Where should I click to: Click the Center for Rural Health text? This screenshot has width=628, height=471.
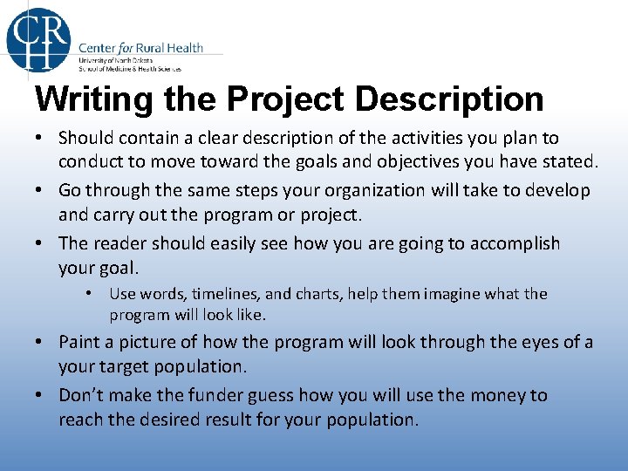(140, 47)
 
